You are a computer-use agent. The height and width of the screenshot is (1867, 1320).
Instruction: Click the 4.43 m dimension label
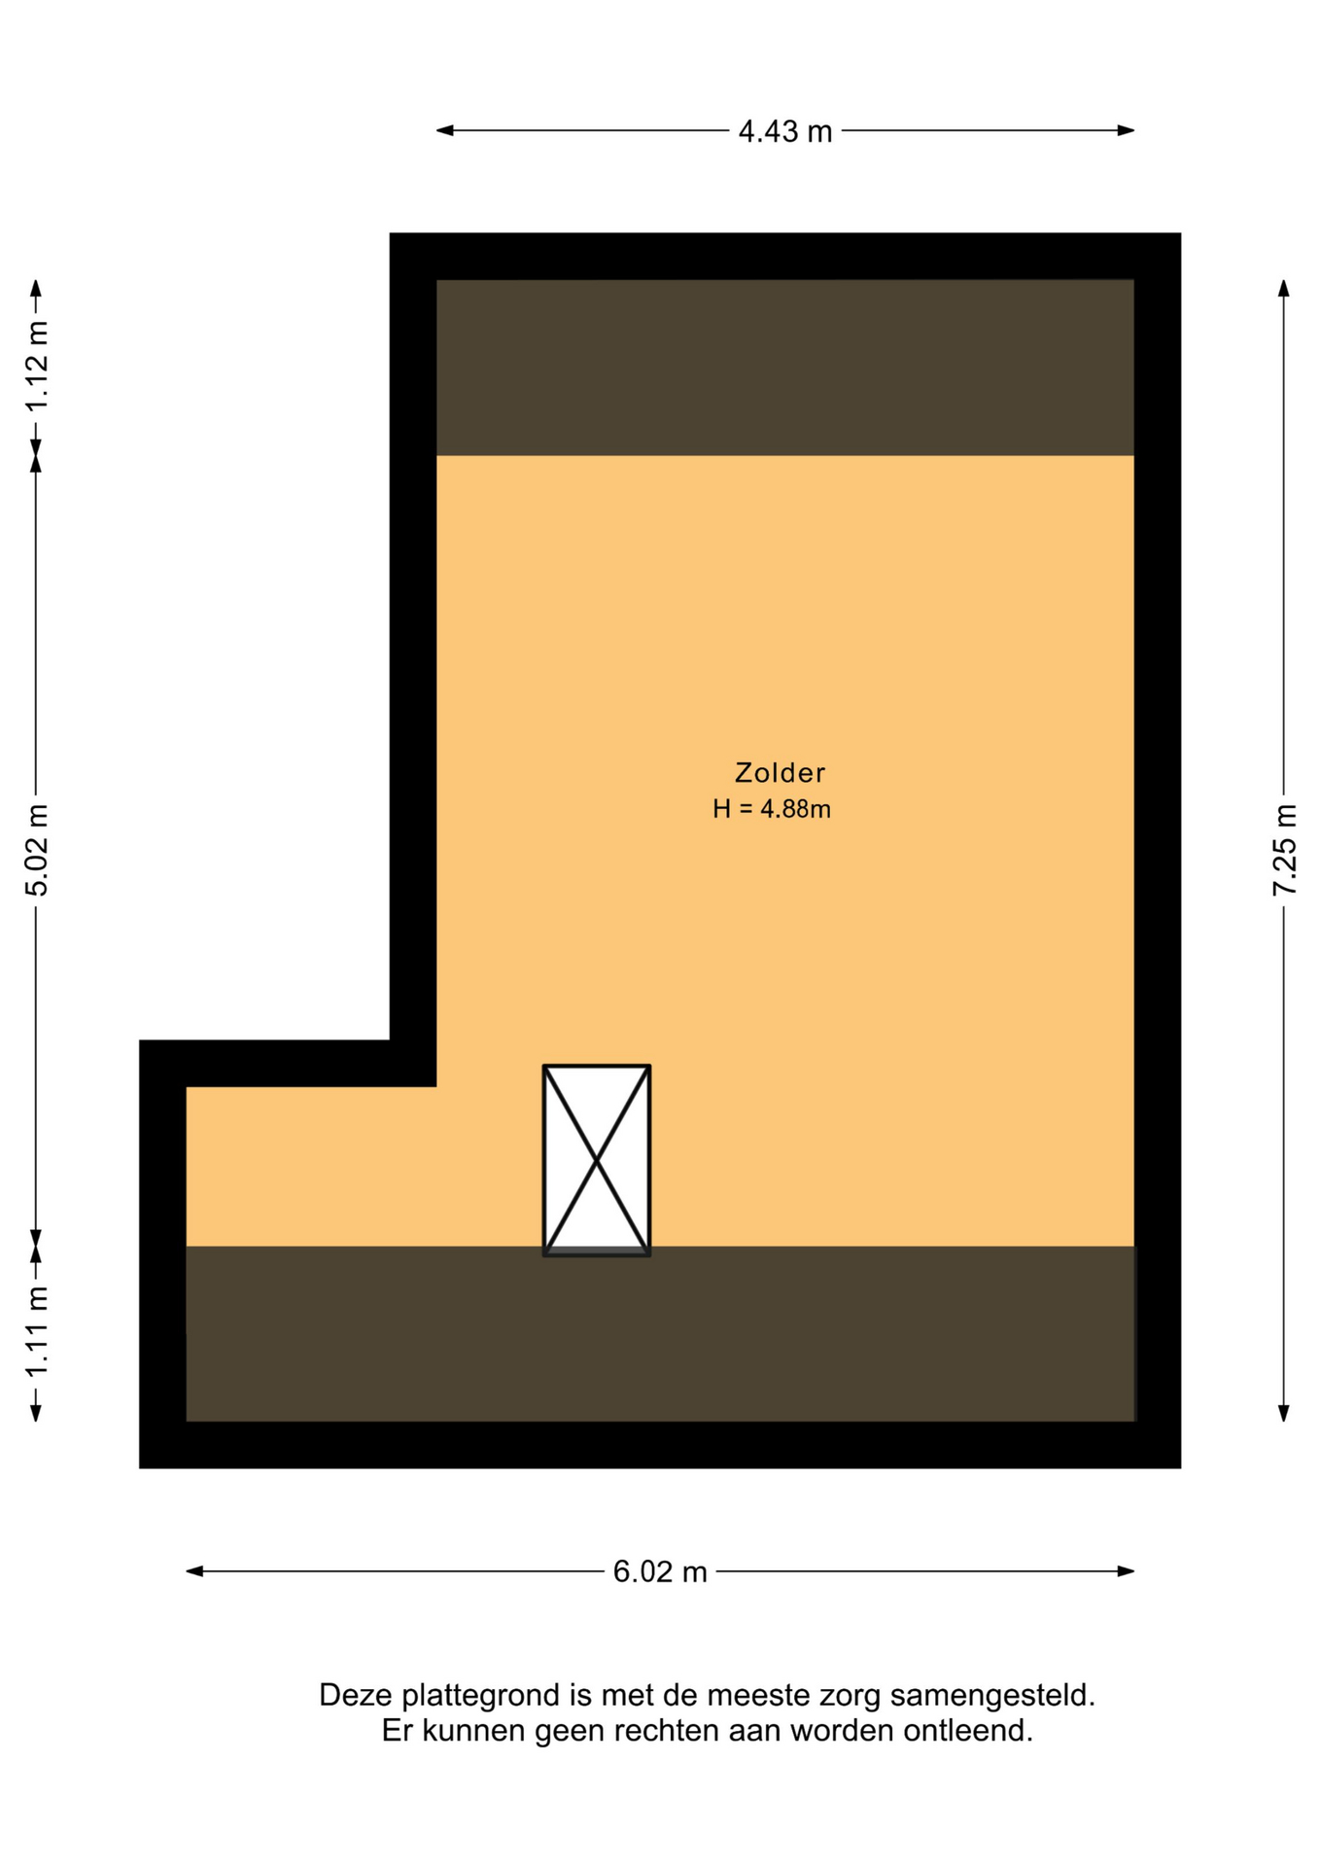tap(784, 131)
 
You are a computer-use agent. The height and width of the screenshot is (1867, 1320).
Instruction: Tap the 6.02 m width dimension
tap(659, 1571)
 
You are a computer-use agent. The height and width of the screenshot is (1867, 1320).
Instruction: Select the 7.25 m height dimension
tap(1284, 850)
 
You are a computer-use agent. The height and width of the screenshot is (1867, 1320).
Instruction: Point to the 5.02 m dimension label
tap(37, 850)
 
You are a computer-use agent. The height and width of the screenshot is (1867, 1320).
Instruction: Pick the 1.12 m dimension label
tap(37, 366)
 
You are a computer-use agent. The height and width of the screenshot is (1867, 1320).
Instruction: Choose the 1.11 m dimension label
tap(37, 1331)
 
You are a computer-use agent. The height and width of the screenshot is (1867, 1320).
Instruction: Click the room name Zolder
tap(780, 773)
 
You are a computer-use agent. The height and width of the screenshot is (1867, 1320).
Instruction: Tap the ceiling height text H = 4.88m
tap(772, 809)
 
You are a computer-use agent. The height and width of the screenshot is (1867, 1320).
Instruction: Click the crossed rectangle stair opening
tap(597, 1160)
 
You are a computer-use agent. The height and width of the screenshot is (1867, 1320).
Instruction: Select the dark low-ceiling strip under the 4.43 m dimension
tap(784, 368)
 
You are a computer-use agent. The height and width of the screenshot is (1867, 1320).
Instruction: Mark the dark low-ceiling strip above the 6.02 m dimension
tap(660, 1333)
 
